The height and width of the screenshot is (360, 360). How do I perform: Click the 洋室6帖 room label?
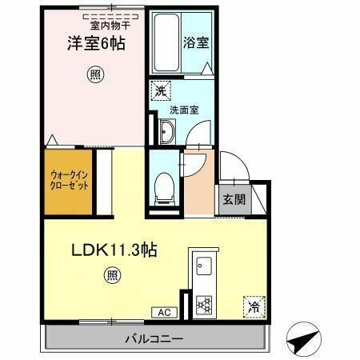click(x=95, y=45)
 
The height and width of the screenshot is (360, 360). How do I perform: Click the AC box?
click(x=162, y=313)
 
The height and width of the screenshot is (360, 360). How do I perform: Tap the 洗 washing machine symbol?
click(x=160, y=91)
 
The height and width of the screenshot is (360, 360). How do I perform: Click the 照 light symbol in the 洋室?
click(x=95, y=76)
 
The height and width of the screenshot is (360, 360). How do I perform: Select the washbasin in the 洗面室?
click(x=166, y=132)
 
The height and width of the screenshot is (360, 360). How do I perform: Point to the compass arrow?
click(x=300, y=342)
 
